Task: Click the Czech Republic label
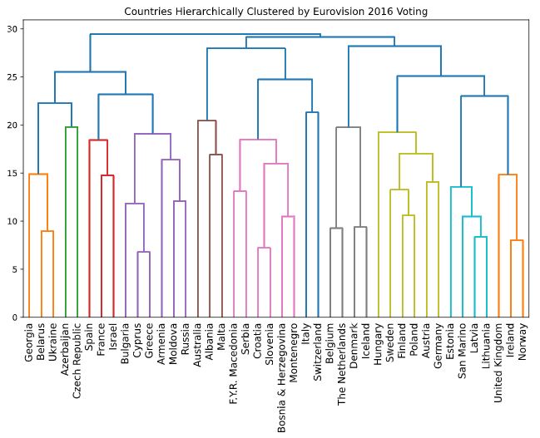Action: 78,357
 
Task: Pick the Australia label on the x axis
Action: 198,345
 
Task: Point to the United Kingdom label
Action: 499,362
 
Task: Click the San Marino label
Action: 463,349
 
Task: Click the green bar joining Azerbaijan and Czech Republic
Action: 72,127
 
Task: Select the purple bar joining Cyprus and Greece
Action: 144,252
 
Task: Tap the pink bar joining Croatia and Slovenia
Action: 264,248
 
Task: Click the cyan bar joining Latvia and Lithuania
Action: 481,237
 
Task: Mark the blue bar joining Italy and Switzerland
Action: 313,112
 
